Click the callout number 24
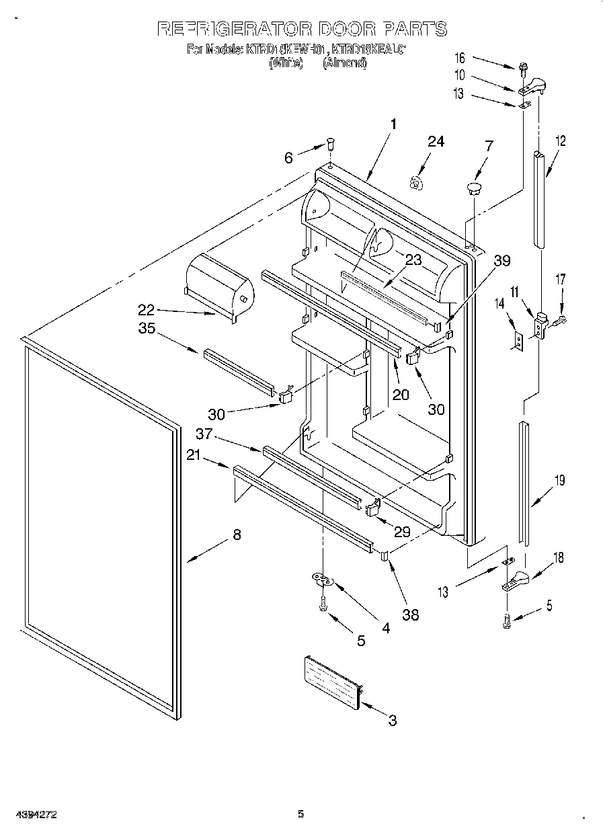[x=436, y=142]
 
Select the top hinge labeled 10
[x=533, y=85]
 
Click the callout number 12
[x=560, y=141]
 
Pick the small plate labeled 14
[x=518, y=342]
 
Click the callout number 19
[x=559, y=480]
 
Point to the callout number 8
[x=237, y=535]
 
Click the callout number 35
[x=148, y=329]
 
